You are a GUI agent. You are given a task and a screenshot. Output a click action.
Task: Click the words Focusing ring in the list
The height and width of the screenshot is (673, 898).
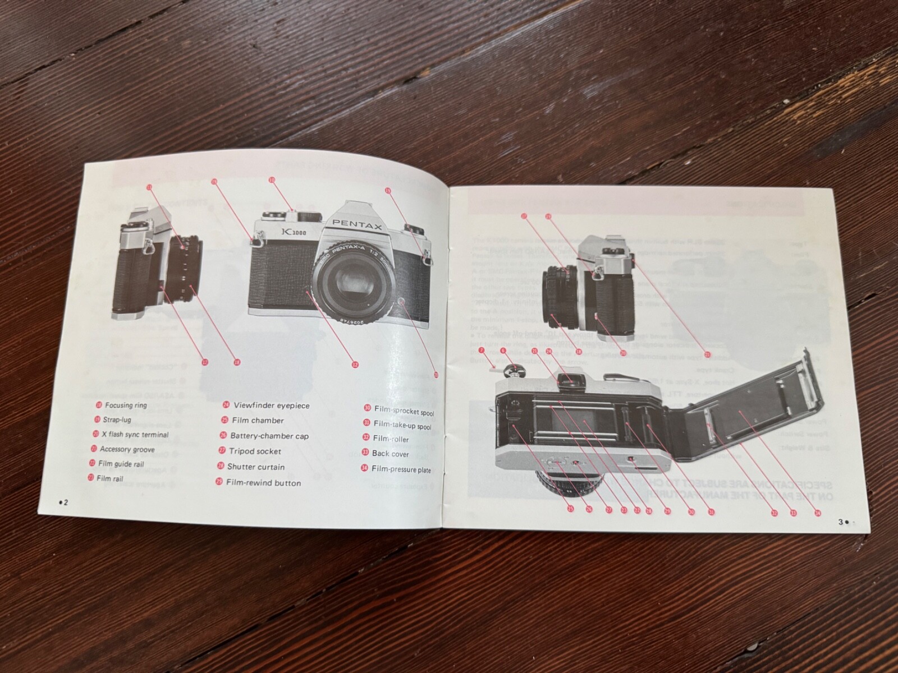coord(126,405)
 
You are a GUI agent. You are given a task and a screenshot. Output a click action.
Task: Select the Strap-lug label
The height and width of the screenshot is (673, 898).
coord(117,420)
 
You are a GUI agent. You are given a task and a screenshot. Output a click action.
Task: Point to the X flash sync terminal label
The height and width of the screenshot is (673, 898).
coord(135,435)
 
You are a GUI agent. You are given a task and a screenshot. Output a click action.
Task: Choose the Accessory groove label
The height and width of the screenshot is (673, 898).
coord(127,449)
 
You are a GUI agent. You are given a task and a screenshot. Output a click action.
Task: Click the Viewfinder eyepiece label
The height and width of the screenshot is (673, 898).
coord(271,405)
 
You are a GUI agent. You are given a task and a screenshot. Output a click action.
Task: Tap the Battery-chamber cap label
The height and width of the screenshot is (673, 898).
coord(269,436)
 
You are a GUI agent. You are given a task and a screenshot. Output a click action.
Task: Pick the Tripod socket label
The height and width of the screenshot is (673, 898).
coord(254,451)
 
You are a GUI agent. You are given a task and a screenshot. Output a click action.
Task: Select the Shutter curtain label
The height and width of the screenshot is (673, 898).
coord(255,467)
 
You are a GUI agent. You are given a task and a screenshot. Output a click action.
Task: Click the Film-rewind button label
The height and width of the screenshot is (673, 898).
coord(263,483)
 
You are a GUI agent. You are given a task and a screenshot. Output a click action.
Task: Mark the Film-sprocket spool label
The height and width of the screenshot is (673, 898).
coord(404,411)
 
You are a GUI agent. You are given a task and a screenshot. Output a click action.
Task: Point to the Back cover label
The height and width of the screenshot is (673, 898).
coord(390,454)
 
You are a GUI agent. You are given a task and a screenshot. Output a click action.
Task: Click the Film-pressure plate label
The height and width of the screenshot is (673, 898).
coord(401,469)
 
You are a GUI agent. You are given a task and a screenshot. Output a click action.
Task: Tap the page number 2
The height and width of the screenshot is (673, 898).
coord(66,502)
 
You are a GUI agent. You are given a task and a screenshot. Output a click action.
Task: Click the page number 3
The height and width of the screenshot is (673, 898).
coord(841,522)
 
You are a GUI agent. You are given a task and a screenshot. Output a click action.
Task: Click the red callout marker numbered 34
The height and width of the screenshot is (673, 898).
coord(818,512)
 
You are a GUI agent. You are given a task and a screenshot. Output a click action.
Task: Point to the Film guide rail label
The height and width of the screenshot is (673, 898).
coord(121,464)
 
